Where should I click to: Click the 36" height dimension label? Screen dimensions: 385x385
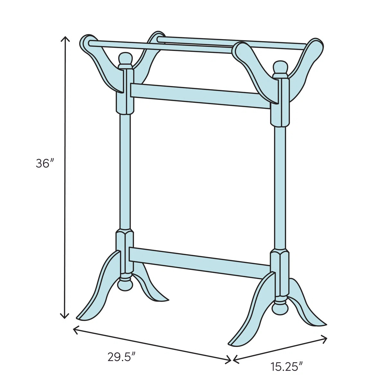pos(44,163)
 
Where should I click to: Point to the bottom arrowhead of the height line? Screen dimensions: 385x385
pos(65,317)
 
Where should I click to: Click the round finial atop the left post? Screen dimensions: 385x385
pos(125,59)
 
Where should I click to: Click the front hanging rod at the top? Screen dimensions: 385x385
pos(160,47)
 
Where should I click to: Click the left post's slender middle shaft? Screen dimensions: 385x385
pos(125,170)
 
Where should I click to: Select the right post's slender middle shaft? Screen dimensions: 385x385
pos(280,186)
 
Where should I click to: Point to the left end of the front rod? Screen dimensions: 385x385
pos(91,42)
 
